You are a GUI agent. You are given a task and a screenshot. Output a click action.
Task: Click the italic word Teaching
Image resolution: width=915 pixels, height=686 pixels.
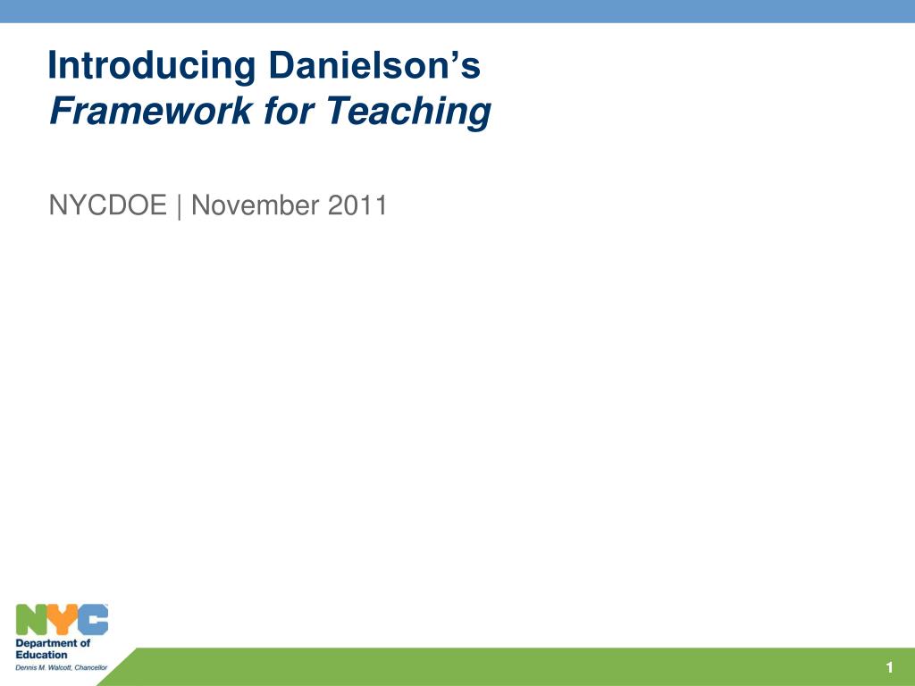click(408, 113)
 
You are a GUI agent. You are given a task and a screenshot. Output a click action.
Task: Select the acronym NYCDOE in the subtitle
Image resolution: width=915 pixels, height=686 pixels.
click(107, 205)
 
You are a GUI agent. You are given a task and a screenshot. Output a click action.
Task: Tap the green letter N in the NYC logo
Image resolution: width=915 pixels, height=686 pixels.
click(31, 620)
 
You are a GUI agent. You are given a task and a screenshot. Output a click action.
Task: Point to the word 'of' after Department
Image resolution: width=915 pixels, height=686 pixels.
click(84, 643)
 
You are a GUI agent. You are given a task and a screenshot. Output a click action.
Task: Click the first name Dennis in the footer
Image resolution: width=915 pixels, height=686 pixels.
click(27, 667)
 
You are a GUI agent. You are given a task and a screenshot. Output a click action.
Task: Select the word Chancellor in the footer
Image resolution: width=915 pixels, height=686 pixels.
click(91, 667)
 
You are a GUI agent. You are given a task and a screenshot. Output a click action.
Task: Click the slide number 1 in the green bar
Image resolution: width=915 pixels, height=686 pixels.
click(890, 668)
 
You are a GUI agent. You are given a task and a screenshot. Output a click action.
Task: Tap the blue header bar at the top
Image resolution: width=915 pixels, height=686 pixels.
click(457, 11)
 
